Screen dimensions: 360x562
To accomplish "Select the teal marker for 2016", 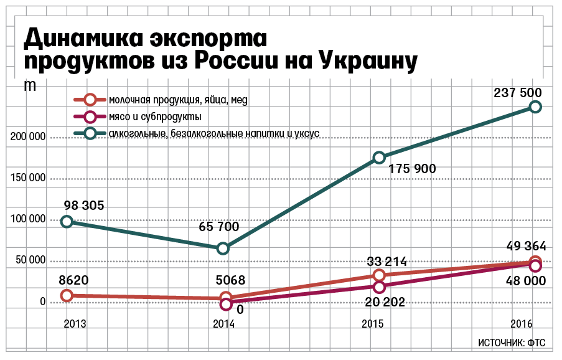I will (x=535, y=107).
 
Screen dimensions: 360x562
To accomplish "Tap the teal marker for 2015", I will (x=379, y=158).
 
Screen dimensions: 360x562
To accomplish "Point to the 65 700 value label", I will (x=218, y=227).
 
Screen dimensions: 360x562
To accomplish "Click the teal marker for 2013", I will (x=67, y=221).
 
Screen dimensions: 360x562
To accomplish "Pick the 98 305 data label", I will (x=83, y=206).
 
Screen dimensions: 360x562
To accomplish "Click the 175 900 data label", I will (x=413, y=169).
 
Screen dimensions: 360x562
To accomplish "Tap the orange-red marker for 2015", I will (x=379, y=275).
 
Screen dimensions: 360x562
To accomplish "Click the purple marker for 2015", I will (x=379, y=287).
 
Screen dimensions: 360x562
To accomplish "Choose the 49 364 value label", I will (x=522, y=246).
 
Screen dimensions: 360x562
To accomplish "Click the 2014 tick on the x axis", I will (x=224, y=324).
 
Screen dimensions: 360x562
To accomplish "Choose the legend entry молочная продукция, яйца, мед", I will (x=178, y=100).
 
